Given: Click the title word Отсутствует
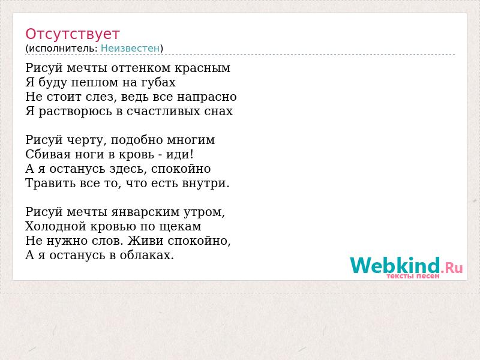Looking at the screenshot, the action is (x=72, y=34).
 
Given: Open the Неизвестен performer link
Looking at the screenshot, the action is (x=130, y=49).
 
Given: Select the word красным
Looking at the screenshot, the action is (x=203, y=68).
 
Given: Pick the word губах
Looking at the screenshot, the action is (x=158, y=82).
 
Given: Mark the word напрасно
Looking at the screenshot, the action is (x=206, y=97).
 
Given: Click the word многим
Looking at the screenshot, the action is (x=191, y=140).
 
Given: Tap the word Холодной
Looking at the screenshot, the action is (x=56, y=226).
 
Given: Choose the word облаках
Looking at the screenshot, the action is (x=146, y=254).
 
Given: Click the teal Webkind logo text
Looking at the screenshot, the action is (x=395, y=265).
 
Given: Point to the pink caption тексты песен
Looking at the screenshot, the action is (x=413, y=276).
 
